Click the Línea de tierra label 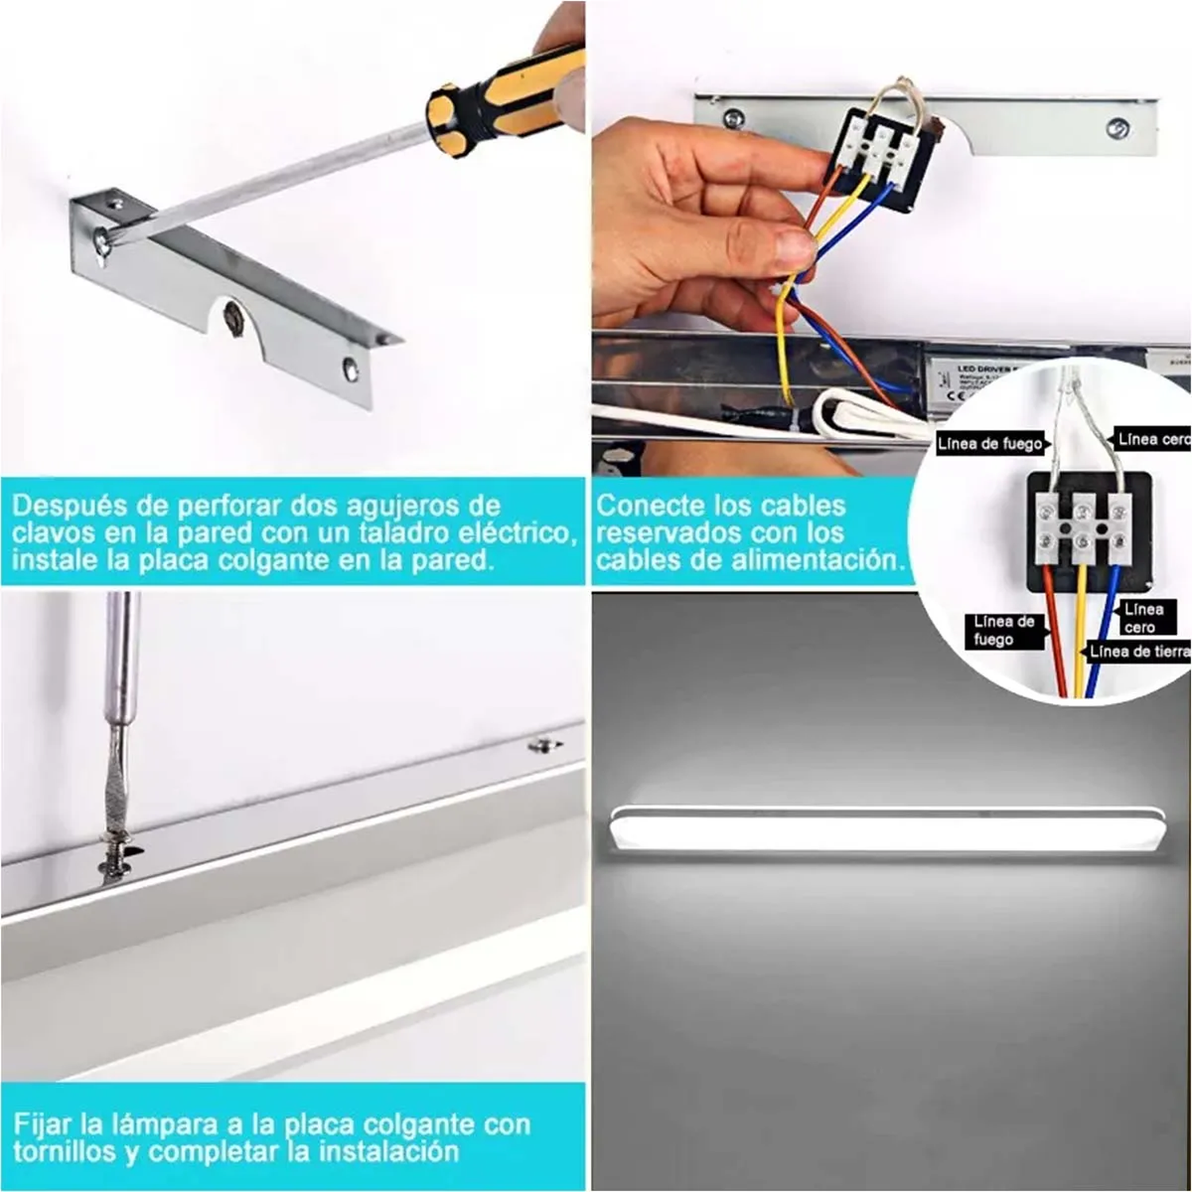tap(1139, 652)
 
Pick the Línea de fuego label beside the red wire tap(1004, 630)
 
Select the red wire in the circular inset tap(1057, 636)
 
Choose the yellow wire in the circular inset tap(1080, 636)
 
